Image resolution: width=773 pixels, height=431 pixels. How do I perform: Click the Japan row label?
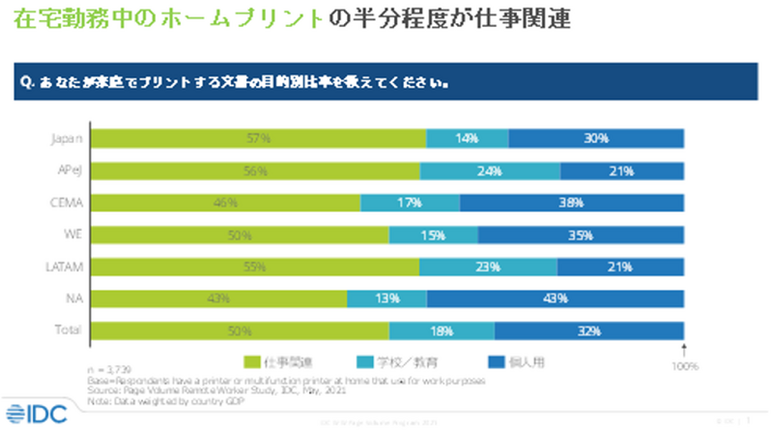tap(65, 139)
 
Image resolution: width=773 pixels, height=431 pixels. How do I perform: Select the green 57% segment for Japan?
tap(258, 139)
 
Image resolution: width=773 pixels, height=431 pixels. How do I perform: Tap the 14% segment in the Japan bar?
tap(468, 139)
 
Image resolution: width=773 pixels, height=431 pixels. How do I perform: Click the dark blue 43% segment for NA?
tap(556, 298)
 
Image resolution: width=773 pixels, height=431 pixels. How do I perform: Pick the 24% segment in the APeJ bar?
tap(490, 171)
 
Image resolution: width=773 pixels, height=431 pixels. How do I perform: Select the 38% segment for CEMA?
tap(572, 203)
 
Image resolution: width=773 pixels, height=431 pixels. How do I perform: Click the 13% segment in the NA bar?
tap(386, 298)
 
